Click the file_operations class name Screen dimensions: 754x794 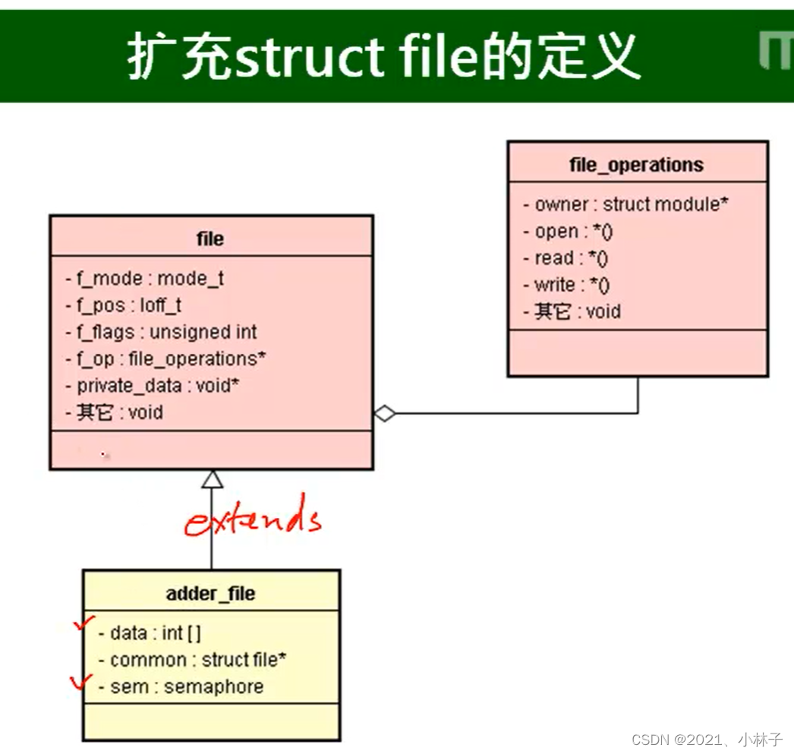point(636,165)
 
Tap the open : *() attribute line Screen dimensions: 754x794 point(568,232)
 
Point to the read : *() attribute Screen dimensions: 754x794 point(566,258)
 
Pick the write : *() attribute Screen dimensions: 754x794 point(567,285)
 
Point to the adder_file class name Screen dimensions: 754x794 point(210,593)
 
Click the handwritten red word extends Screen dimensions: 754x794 point(254,519)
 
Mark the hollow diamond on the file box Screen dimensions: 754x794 point(385,414)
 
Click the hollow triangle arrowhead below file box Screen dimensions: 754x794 point(212,479)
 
